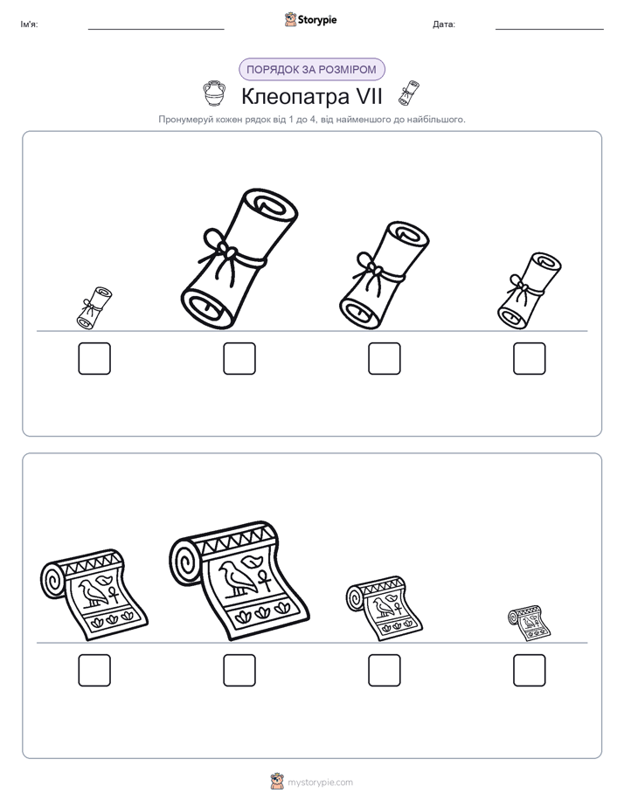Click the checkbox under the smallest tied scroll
94,358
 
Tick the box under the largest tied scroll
239,358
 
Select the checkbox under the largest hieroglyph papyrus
239,670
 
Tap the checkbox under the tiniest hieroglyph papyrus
530,670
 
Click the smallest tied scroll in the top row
94,307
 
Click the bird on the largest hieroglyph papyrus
238,577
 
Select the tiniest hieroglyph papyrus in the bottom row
530,624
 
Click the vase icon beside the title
213,93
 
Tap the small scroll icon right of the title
409,93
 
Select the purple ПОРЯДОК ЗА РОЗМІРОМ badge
311,70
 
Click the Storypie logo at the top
310,19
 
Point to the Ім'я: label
29,24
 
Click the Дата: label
444,24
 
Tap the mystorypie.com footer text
320,783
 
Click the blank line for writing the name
156,30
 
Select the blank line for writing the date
550,30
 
